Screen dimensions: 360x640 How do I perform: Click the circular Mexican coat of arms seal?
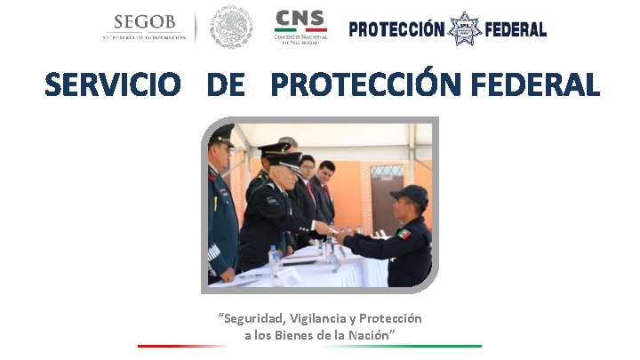click(x=232, y=28)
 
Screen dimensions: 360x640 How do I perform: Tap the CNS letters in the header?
click(x=300, y=19)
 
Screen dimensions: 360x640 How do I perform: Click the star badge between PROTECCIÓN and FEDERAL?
click(x=464, y=29)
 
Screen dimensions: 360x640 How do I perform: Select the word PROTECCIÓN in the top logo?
click(x=396, y=29)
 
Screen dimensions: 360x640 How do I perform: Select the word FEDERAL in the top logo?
click(x=516, y=29)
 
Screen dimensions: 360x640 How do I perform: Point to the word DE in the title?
click(x=225, y=85)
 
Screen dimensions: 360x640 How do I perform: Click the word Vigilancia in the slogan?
click(x=318, y=318)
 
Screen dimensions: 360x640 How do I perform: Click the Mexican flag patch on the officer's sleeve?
click(x=404, y=234)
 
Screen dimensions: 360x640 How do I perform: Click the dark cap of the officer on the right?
click(x=410, y=193)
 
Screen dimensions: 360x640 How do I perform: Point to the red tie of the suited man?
click(x=310, y=190)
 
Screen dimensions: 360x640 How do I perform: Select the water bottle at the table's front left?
click(x=275, y=260)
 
